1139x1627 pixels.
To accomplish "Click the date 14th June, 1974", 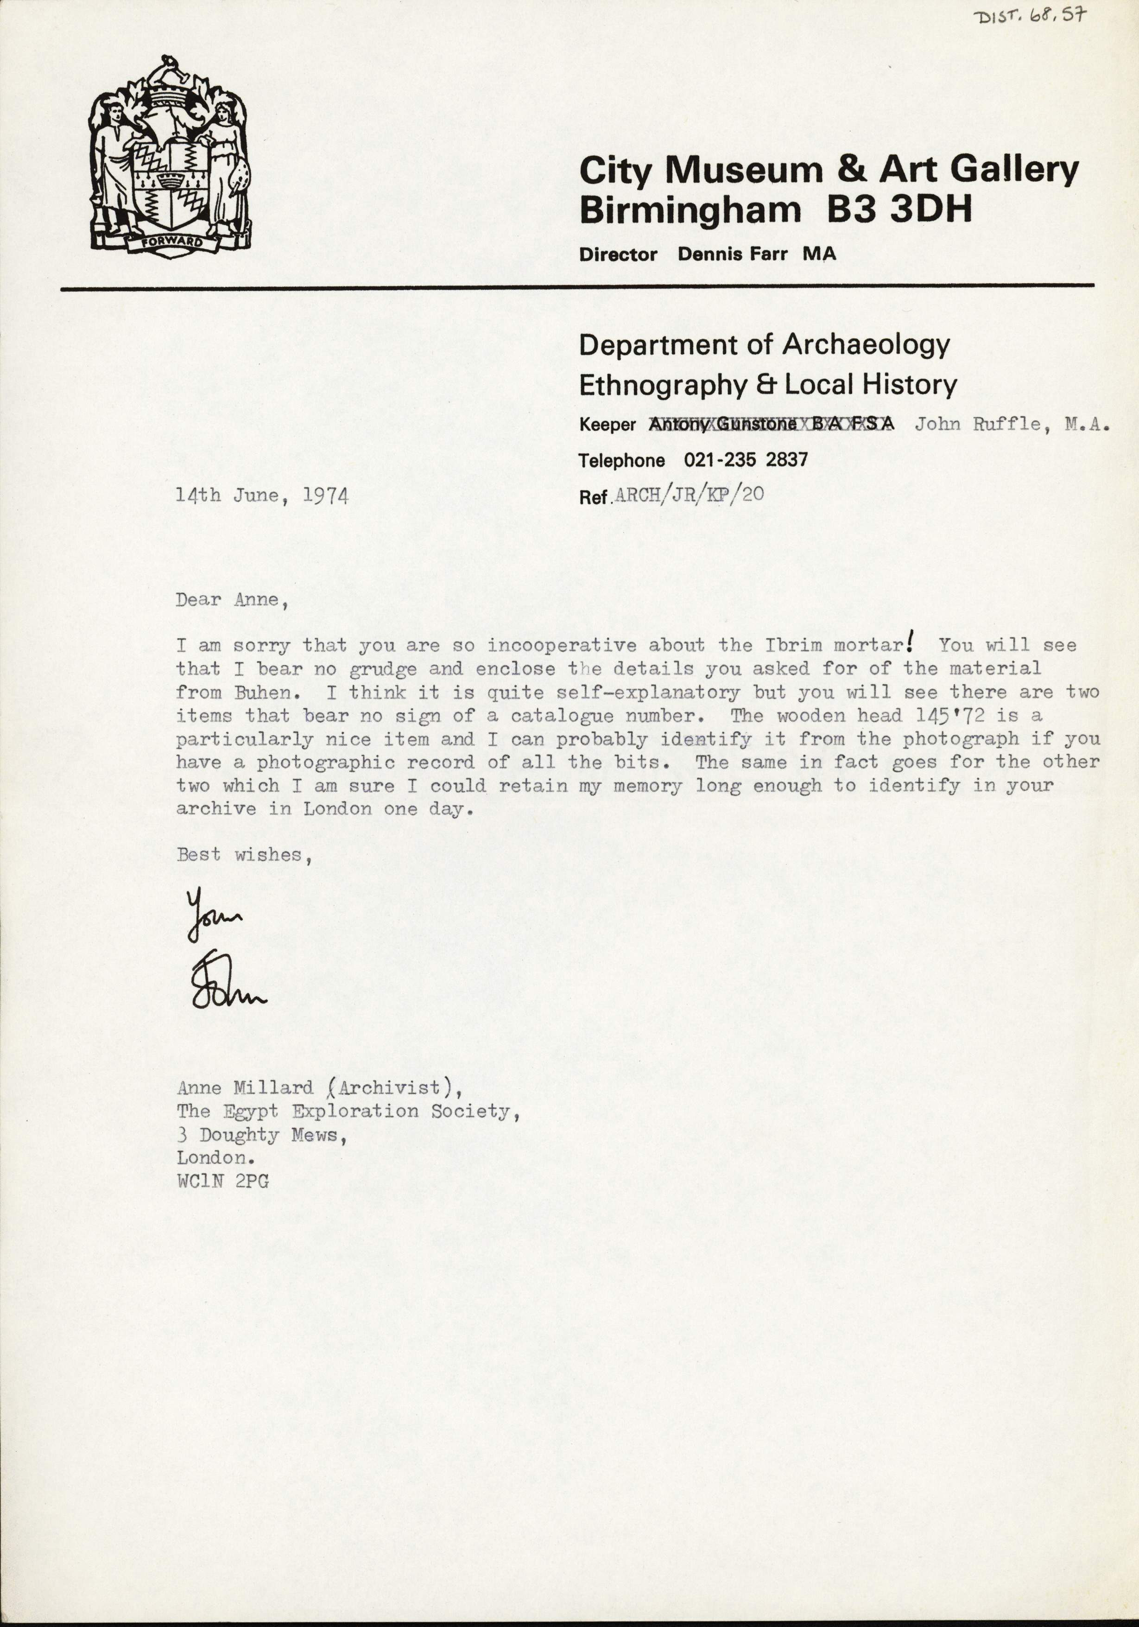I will pos(262,496).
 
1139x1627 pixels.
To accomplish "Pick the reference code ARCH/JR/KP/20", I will pos(689,495).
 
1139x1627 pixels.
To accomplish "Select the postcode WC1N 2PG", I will pos(222,1393).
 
